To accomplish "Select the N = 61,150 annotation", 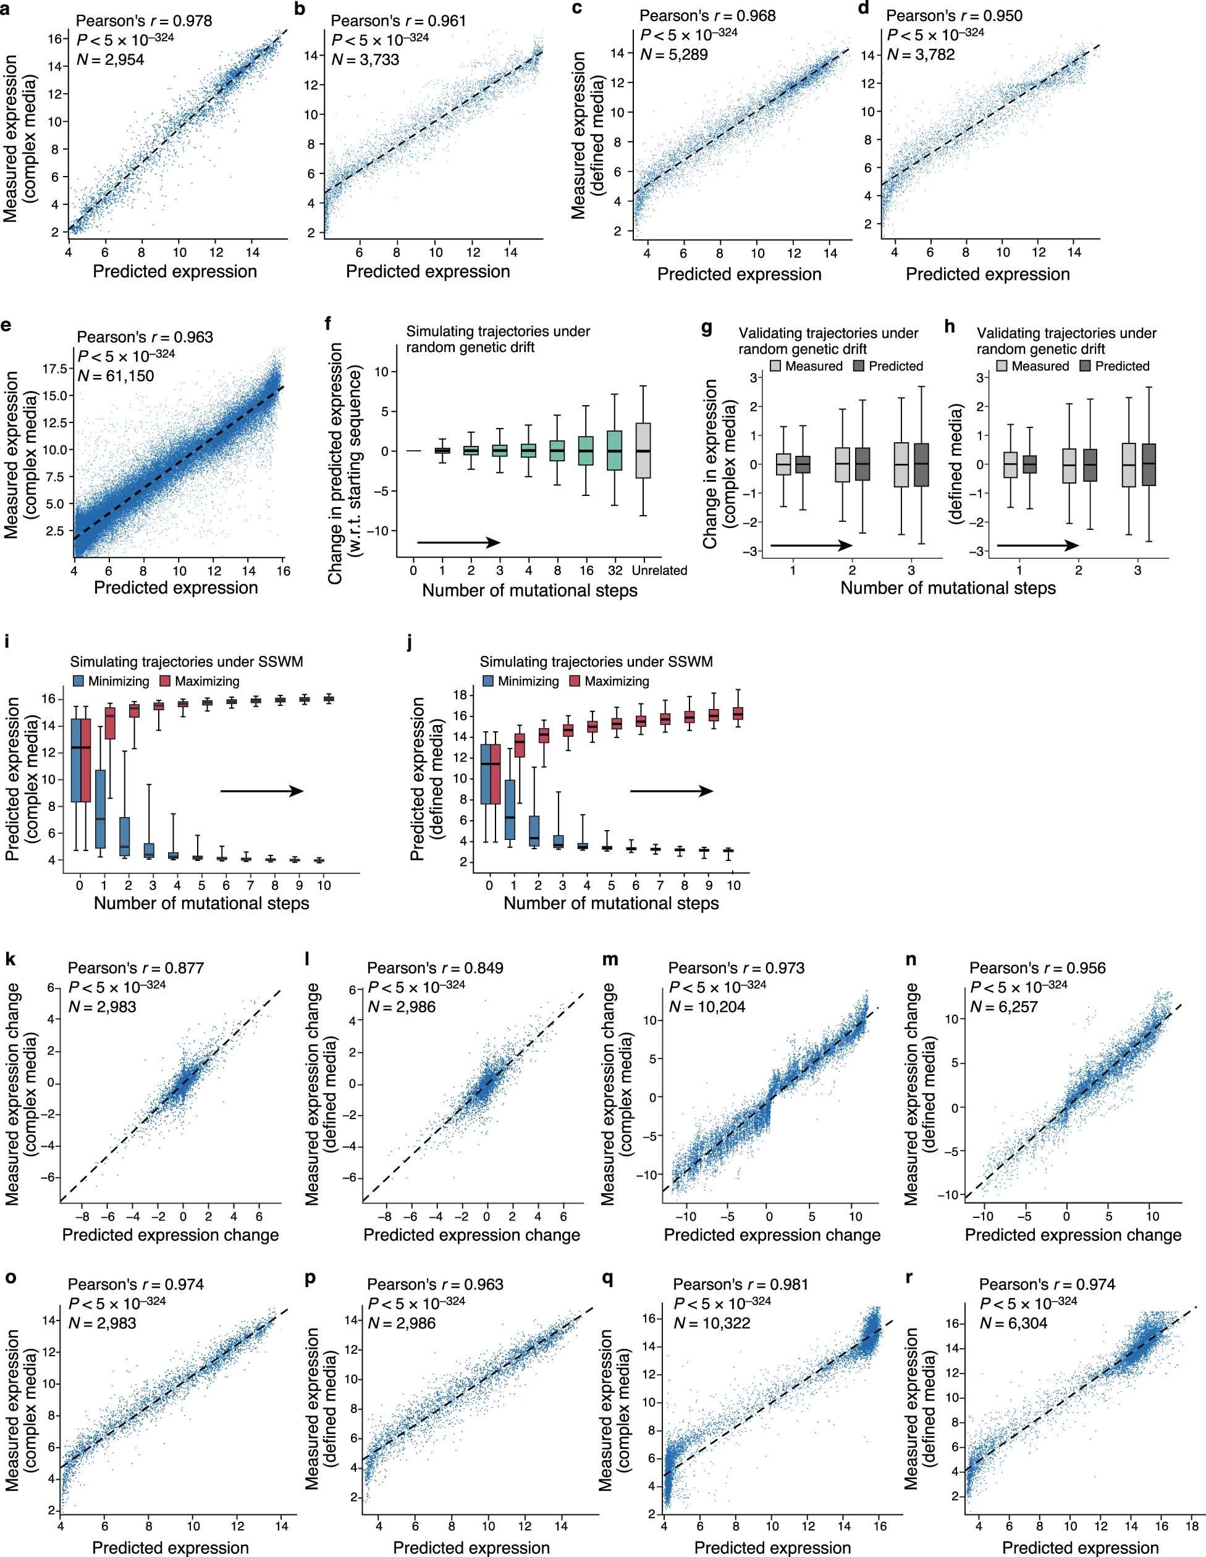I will tap(116, 375).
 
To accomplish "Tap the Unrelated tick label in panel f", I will tap(660, 570).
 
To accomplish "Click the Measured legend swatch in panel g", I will tap(776, 366).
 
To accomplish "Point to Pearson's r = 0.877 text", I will tap(135, 968).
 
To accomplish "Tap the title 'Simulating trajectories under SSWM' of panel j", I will tap(596, 662).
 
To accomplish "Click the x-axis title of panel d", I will tap(987, 274).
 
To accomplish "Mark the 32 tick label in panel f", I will tap(615, 570).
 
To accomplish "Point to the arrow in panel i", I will tap(262, 791).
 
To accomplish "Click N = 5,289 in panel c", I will tap(673, 54).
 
